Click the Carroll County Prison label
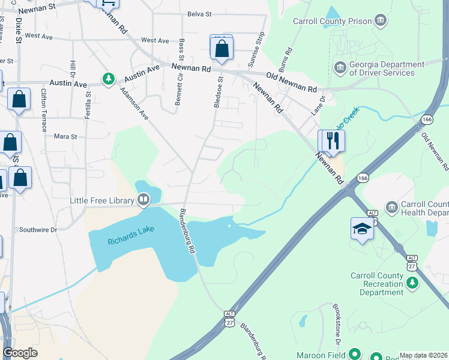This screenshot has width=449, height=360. click(x=332, y=21)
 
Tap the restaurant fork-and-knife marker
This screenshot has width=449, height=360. click(x=333, y=141)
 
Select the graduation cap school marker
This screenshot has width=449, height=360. click(x=362, y=229)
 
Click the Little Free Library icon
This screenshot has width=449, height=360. click(x=143, y=199)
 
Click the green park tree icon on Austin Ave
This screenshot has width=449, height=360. click(x=108, y=79)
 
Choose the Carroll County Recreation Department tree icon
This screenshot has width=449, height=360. click(x=412, y=282)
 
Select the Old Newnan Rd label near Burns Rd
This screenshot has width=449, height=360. click(x=292, y=82)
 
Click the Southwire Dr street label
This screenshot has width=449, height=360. click(x=38, y=230)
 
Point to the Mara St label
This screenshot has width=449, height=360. click(x=66, y=137)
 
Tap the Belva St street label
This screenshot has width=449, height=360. click(x=199, y=14)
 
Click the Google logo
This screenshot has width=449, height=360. click(x=20, y=353)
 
